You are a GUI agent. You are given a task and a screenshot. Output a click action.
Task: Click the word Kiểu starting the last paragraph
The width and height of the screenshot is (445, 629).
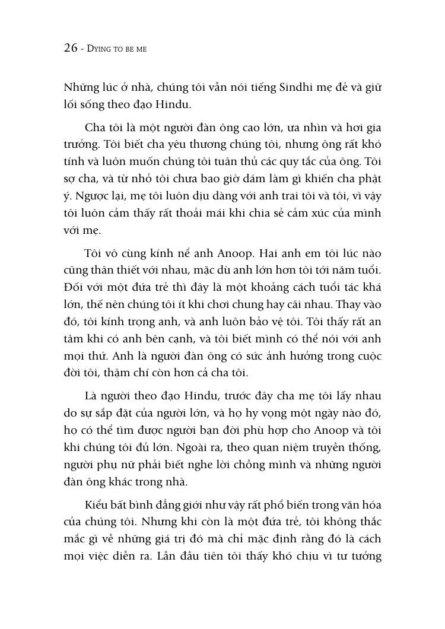point(97,523)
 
